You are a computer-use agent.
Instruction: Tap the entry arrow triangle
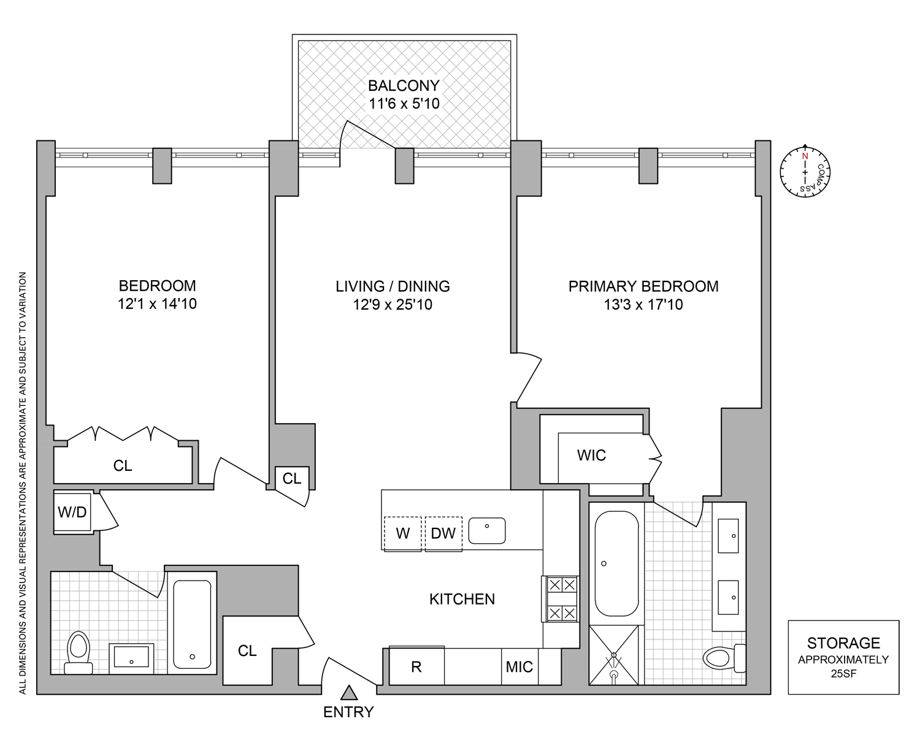click(349, 693)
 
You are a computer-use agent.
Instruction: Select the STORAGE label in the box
click(843, 643)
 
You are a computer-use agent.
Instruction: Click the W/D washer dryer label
click(72, 512)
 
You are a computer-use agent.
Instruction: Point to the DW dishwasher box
click(443, 533)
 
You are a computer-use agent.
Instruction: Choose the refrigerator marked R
click(416, 666)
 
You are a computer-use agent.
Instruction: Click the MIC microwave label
click(519, 667)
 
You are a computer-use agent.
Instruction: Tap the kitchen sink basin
click(487, 530)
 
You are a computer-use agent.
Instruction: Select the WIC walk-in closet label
click(591, 456)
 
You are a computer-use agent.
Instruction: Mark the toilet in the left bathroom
click(78, 651)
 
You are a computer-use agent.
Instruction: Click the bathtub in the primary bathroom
click(616, 563)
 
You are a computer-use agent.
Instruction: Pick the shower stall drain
click(613, 674)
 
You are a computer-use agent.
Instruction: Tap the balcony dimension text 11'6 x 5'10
click(404, 104)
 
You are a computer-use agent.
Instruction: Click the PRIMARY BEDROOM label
click(643, 286)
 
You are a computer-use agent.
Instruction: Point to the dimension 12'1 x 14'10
click(157, 304)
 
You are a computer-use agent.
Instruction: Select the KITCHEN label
click(462, 599)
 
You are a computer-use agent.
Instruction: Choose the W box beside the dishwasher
click(402, 533)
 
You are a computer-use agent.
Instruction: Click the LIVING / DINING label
click(393, 286)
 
